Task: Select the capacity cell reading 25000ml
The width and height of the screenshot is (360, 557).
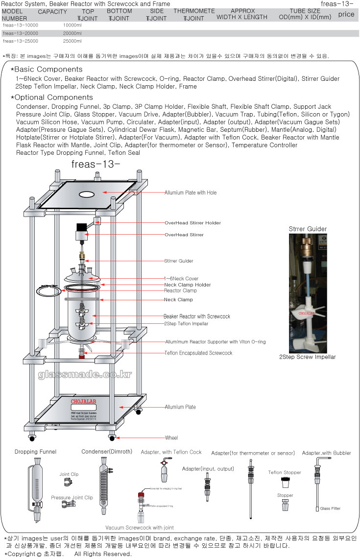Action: [x=72, y=41]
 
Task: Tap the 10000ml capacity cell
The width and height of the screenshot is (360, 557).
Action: [x=72, y=24]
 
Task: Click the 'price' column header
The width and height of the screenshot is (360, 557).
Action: [x=346, y=14]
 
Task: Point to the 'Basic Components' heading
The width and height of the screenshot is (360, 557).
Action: [x=48, y=70]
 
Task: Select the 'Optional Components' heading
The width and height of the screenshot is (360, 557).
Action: [x=53, y=97]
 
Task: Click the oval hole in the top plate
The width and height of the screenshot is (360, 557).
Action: [x=86, y=194]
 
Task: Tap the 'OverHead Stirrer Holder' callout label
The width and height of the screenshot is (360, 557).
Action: [x=192, y=223]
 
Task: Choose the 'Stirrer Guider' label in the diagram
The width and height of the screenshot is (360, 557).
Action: [x=179, y=261]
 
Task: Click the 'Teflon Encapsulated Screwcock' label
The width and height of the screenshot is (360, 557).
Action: [x=198, y=353]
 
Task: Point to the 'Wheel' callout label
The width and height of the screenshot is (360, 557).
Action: [x=171, y=438]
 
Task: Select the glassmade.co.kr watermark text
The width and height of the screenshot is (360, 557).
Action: [x=85, y=375]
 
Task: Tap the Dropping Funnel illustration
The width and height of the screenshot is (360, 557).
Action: [x=36, y=490]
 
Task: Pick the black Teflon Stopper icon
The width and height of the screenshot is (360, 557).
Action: [x=285, y=483]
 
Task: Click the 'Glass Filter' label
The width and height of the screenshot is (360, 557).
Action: [x=330, y=509]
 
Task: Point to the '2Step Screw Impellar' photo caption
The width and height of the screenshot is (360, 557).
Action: [x=307, y=357]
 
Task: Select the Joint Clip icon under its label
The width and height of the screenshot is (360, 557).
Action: [x=68, y=483]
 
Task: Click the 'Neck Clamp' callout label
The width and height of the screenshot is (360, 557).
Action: [x=178, y=299]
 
